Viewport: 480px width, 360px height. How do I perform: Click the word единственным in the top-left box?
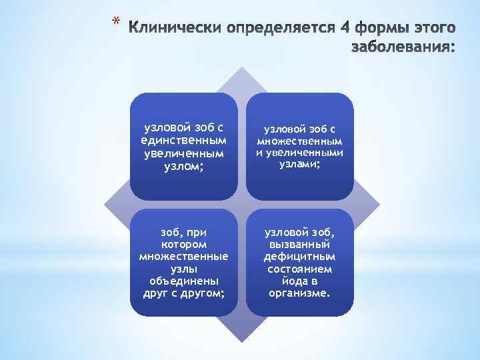183,141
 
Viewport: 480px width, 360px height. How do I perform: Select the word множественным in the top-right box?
300,141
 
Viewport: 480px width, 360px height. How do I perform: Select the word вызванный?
299,245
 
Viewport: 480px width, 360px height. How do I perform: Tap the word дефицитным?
299,257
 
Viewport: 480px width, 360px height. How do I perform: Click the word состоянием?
299,268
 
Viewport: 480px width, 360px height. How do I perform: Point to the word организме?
299,292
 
